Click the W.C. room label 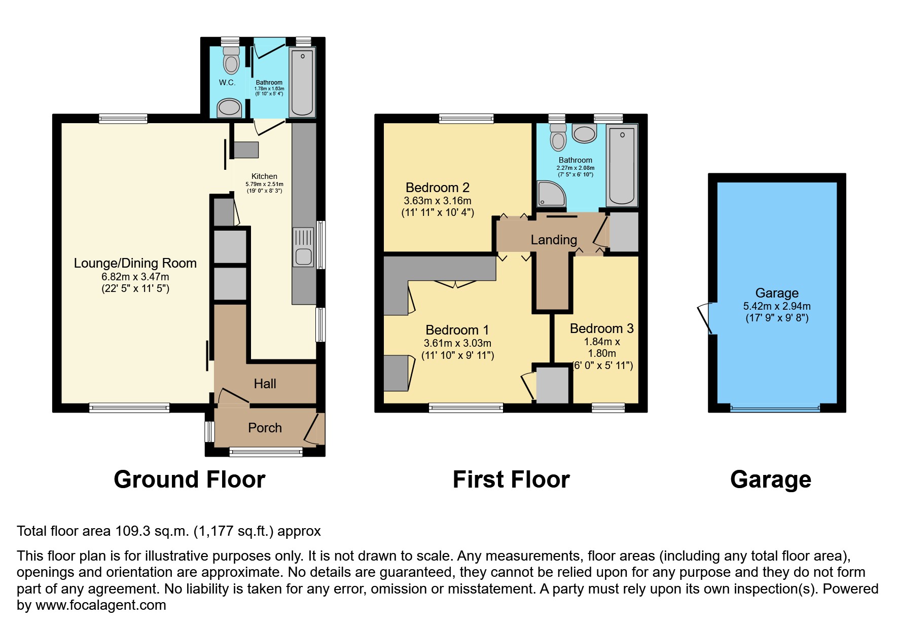pos(227,83)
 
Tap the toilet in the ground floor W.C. pos(231,60)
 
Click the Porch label pos(265,428)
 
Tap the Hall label pos(265,384)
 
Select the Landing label pos(554,240)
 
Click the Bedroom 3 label pos(601,328)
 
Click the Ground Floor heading pos(189,479)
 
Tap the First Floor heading pos(511,479)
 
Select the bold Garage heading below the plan pos(770,479)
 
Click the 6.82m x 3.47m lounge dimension pos(135,277)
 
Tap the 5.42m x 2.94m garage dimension pos(776,306)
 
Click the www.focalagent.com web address pos(100,605)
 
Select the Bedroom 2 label pos(437,188)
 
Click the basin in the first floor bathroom pos(584,134)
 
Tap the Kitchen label pos(264,176)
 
